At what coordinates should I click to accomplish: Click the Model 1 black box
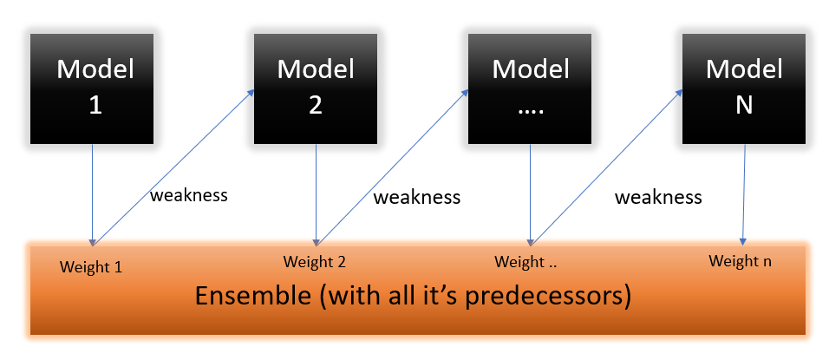92,88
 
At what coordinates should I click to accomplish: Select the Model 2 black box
316,88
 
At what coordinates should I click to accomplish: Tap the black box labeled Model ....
530,88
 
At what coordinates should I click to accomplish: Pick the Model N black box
744,88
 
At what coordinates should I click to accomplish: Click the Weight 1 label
91,267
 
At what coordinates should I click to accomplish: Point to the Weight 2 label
315,262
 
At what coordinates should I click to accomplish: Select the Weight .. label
525,262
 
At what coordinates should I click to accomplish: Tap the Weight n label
740,260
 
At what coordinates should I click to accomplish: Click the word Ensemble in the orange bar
252,296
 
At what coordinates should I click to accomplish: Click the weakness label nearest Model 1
189,195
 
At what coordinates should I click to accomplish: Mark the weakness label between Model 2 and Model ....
416,197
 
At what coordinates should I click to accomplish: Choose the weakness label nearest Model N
658,197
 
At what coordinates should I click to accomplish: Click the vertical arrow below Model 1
93,195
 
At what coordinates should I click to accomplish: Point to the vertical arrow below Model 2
317,195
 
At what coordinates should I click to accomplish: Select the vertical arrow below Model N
744,194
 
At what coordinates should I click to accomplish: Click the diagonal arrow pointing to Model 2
173,167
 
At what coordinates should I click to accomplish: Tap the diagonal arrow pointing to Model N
606,167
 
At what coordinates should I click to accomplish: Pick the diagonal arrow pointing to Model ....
392,167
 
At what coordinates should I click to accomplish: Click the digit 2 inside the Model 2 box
316,106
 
